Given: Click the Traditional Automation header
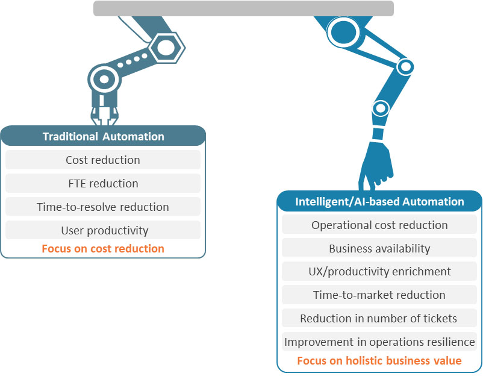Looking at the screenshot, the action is tap(103, 136).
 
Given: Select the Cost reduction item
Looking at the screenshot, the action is tap(103, 160).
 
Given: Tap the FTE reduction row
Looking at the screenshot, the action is tap(103, 183).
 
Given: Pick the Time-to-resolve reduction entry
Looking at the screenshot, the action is tap(103, 207).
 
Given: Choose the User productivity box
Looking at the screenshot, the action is tap(103, 230).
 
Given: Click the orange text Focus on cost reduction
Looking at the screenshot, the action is tap(103, 248).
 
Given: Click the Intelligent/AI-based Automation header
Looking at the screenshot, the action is tap(379, 201).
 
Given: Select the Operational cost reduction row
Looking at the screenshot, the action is tap(379, 225).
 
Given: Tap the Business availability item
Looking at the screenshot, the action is tap(379, 248).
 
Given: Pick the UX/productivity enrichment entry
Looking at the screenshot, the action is tap(379, 271).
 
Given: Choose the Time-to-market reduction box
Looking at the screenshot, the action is tap(379, 295).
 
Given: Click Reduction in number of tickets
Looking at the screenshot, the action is tap(379, 318).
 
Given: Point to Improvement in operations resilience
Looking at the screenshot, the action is tap(379, 342).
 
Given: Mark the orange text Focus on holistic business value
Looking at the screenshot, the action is tap(379, 360).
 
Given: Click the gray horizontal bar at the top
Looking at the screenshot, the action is tap(243, 8).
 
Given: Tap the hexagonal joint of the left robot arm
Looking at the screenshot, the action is tap(167, 48).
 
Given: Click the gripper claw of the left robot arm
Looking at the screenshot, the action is tap(104, 116).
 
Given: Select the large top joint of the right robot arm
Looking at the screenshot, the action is tap(343, 32).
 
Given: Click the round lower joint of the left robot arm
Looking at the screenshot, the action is tap(104, 79).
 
